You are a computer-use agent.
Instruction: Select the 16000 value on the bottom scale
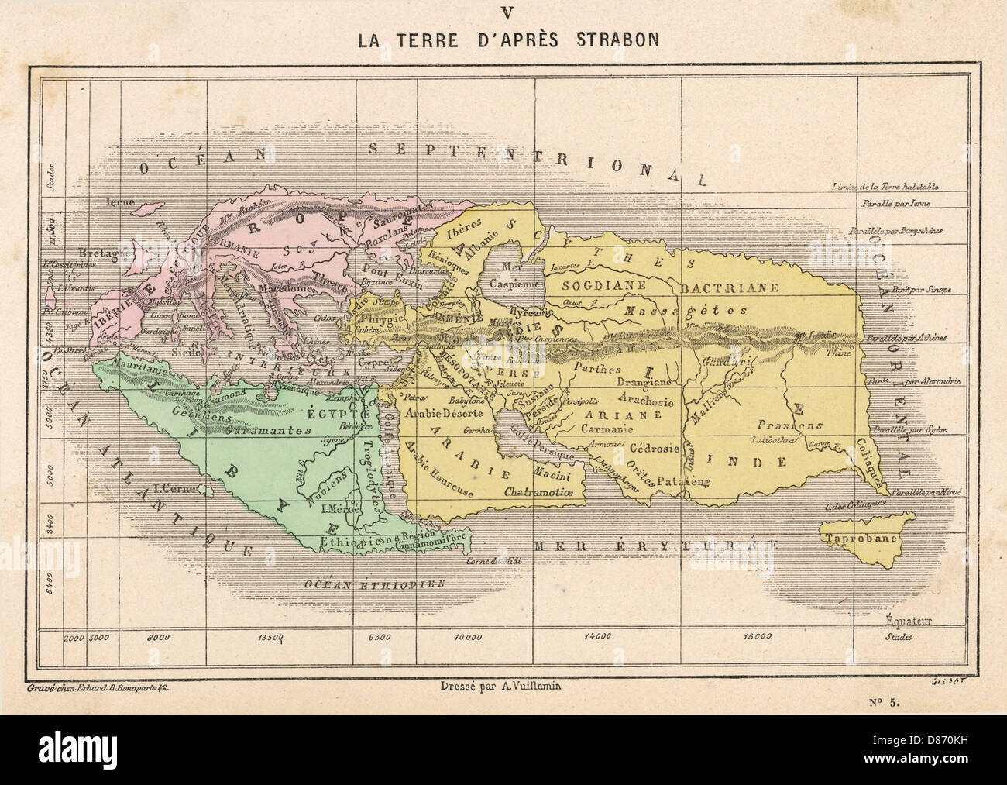click(x=756, y=638)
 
